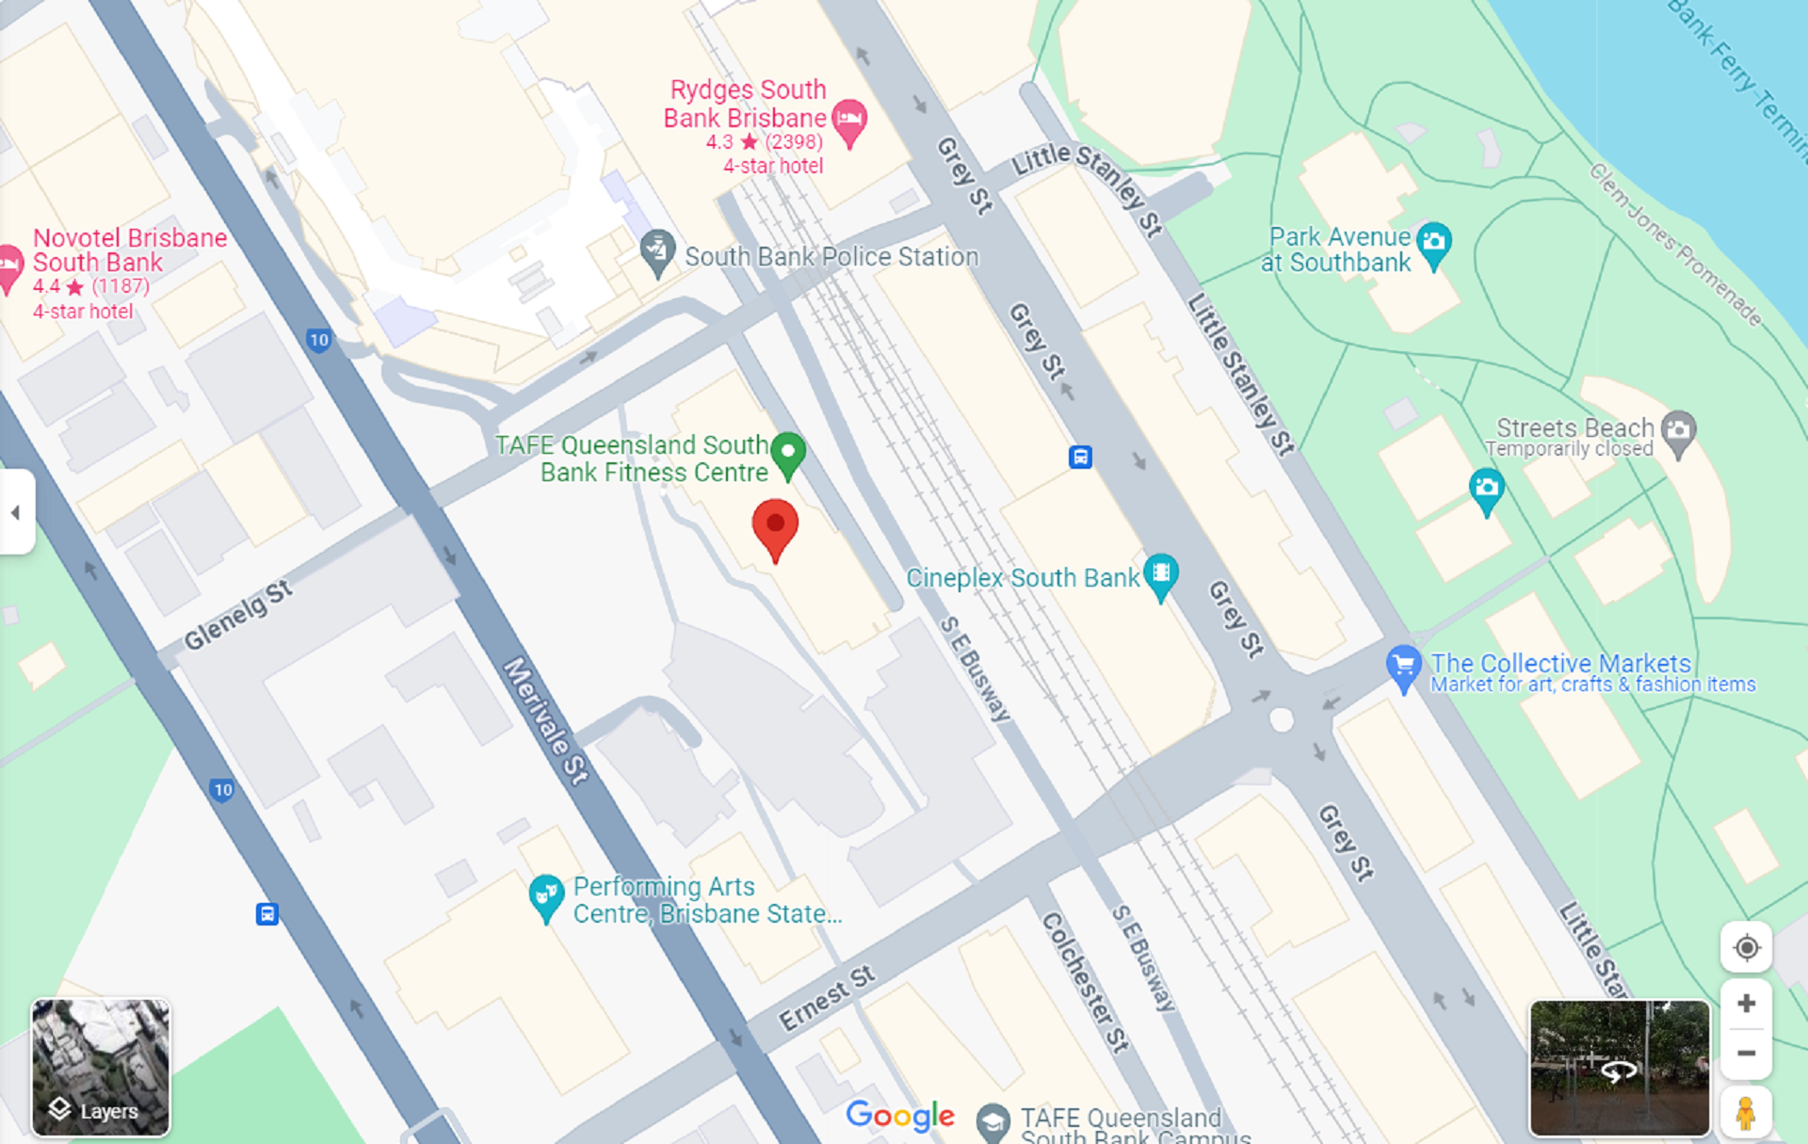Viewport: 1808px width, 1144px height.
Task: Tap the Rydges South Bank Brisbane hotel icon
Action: (849, 120)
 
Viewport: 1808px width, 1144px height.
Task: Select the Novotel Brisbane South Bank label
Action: (129, 250)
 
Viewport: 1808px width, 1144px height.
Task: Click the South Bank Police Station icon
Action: (657, 251)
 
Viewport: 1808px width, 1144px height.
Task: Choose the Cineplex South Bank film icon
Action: (1161, 573)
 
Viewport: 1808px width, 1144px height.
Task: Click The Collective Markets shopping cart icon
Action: (1403, 666)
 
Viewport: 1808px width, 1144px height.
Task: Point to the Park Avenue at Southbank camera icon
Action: (1434, 242)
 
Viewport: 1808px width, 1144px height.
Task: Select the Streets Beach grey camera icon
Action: (1678, 431)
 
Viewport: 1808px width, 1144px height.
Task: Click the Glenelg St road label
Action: (238, 616)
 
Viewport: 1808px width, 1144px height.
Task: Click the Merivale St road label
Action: (545, 720)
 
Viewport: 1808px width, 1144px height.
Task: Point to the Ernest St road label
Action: (827, 998)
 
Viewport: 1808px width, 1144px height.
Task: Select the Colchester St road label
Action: (1084, 981)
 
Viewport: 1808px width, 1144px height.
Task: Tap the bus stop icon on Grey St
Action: (1080, 458)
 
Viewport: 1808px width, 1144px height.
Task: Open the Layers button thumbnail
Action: (101, 1067)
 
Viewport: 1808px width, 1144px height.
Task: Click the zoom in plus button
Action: (1746, 1004)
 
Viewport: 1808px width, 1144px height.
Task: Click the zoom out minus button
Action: (1746, 1054)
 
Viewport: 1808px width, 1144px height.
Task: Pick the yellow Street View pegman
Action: (1746, 1112)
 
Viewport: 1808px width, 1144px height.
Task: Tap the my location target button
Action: (1746, 947)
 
